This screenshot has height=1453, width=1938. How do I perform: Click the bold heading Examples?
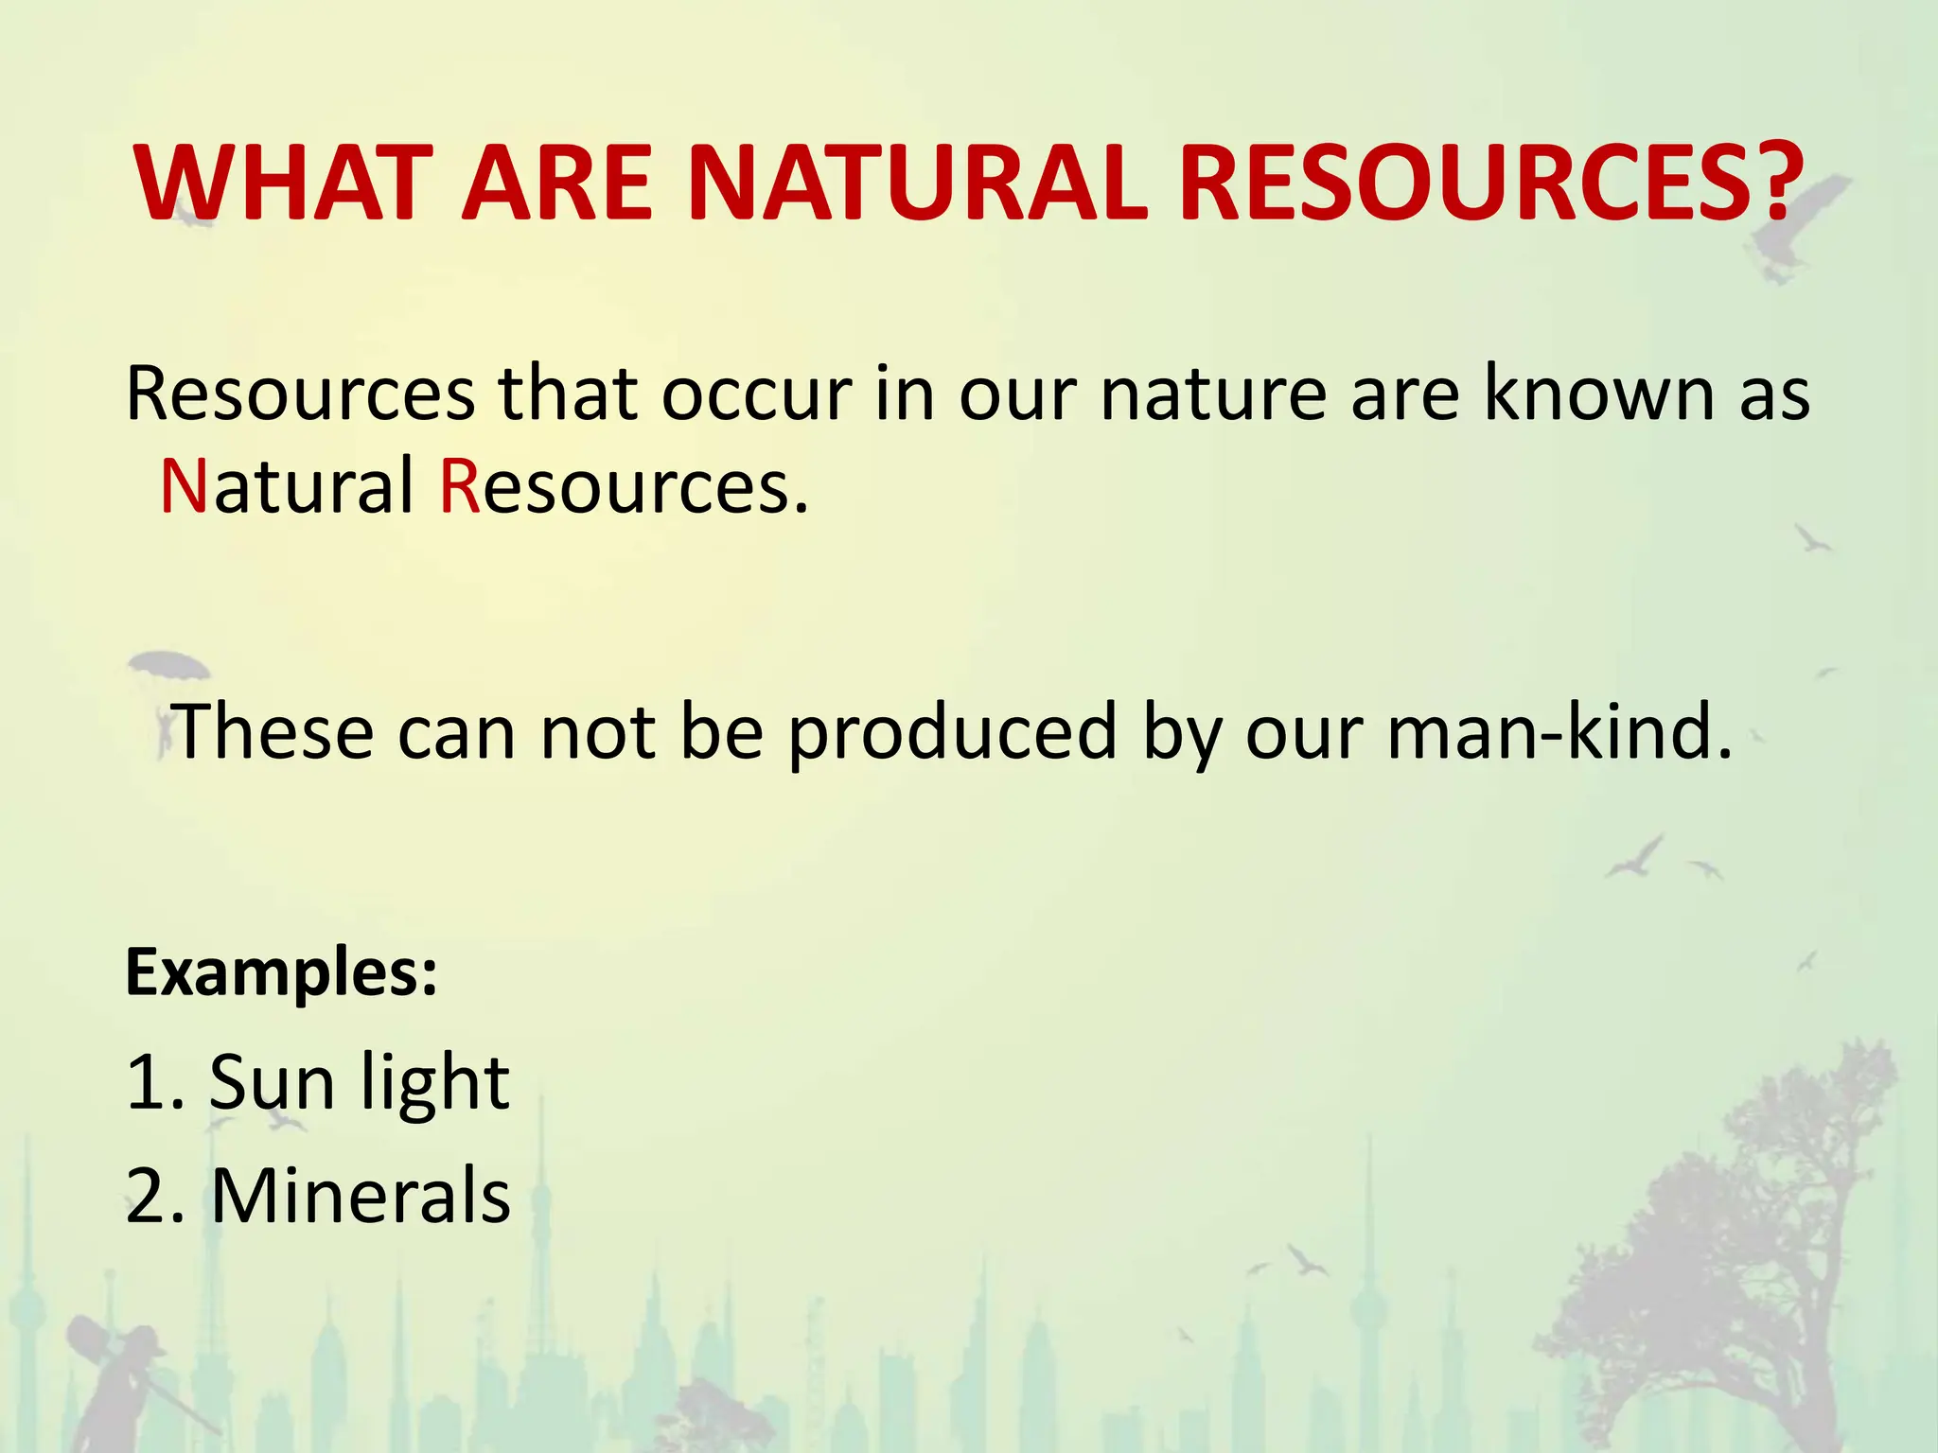click(282, 973)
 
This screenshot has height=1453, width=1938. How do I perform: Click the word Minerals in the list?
click(361, 1196)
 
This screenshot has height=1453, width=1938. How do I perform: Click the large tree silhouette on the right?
click(1732, 1258)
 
